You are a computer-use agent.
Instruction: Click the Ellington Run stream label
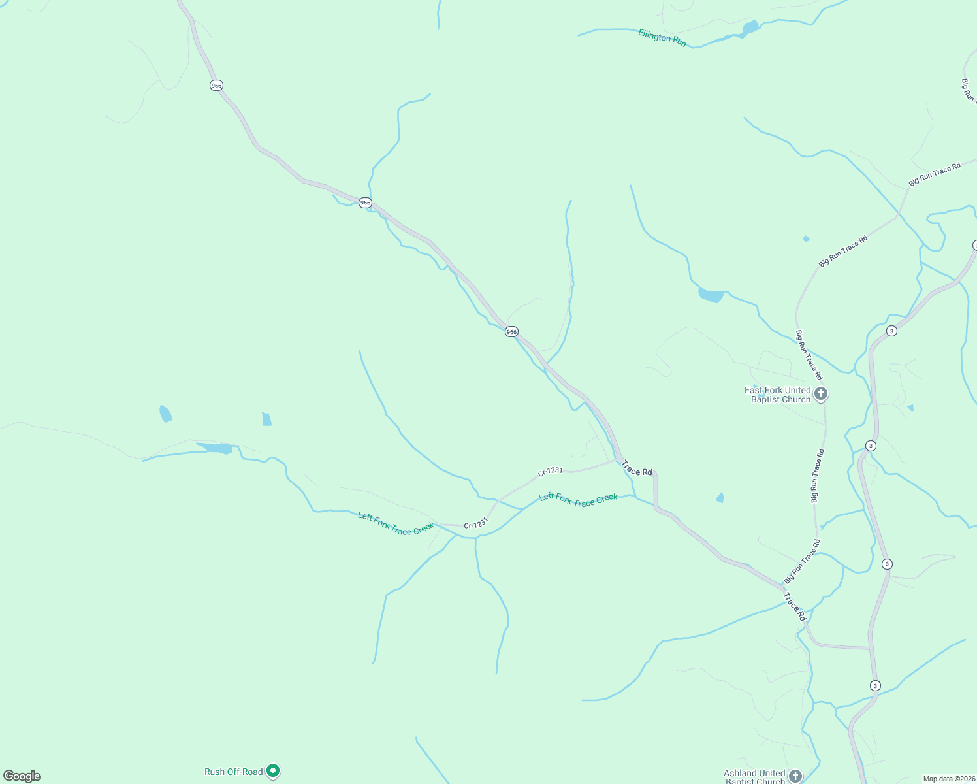pos(662,38)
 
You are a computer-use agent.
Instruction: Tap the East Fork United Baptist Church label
pos(778,395)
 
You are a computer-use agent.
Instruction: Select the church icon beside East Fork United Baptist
pos(821,393)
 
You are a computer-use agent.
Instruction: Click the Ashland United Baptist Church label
pos(754,777)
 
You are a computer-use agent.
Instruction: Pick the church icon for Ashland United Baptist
pos(795,776)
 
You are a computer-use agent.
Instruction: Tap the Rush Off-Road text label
pos(233,772)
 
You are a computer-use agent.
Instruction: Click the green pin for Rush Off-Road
pos(274,771)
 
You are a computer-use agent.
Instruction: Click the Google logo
pos(22,776)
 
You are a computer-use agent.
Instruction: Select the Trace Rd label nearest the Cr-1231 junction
pos(637,468)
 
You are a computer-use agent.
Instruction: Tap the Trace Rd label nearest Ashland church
pos(795,607)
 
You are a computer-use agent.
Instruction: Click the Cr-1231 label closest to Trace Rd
pos(551,471)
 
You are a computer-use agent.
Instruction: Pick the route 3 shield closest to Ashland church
pos(875,685)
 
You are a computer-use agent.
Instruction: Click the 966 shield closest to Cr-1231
pos(511,332)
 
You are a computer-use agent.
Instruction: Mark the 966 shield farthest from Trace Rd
pos(216,86)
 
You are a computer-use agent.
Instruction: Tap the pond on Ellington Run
pos(750,28)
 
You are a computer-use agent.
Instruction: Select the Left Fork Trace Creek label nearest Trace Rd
pos(578,499)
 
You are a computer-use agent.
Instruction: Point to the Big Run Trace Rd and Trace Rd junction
pos(783,585)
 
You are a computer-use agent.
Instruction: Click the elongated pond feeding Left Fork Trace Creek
pos(215,448)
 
